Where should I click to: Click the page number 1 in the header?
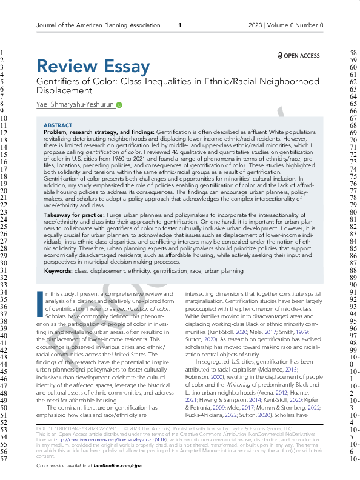tap(179, 25)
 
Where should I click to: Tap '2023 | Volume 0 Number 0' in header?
tap(285, 25)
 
